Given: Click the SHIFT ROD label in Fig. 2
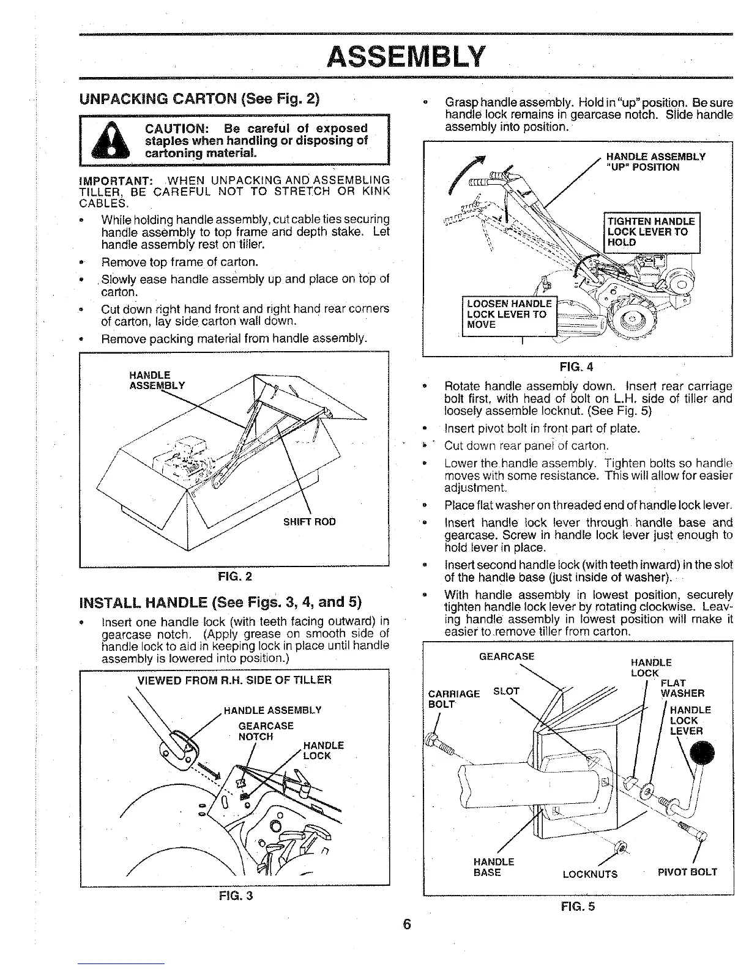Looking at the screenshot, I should [x=309, y=522].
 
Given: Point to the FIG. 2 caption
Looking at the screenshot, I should [x=235, y=576].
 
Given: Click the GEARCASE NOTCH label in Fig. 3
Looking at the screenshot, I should [x=266, y=731].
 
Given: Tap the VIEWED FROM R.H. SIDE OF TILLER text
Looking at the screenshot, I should [x=234, y=680].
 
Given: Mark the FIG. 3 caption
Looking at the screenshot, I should [x=236, y=896].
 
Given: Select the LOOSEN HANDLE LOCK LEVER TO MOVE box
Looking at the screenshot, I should [x=509, y=314].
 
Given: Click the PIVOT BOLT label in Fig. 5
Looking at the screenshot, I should [x=687, y=872].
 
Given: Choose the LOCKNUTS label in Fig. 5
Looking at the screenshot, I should [x=589, y=874].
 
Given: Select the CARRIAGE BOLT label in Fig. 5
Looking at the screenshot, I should [x=453, y=699].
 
